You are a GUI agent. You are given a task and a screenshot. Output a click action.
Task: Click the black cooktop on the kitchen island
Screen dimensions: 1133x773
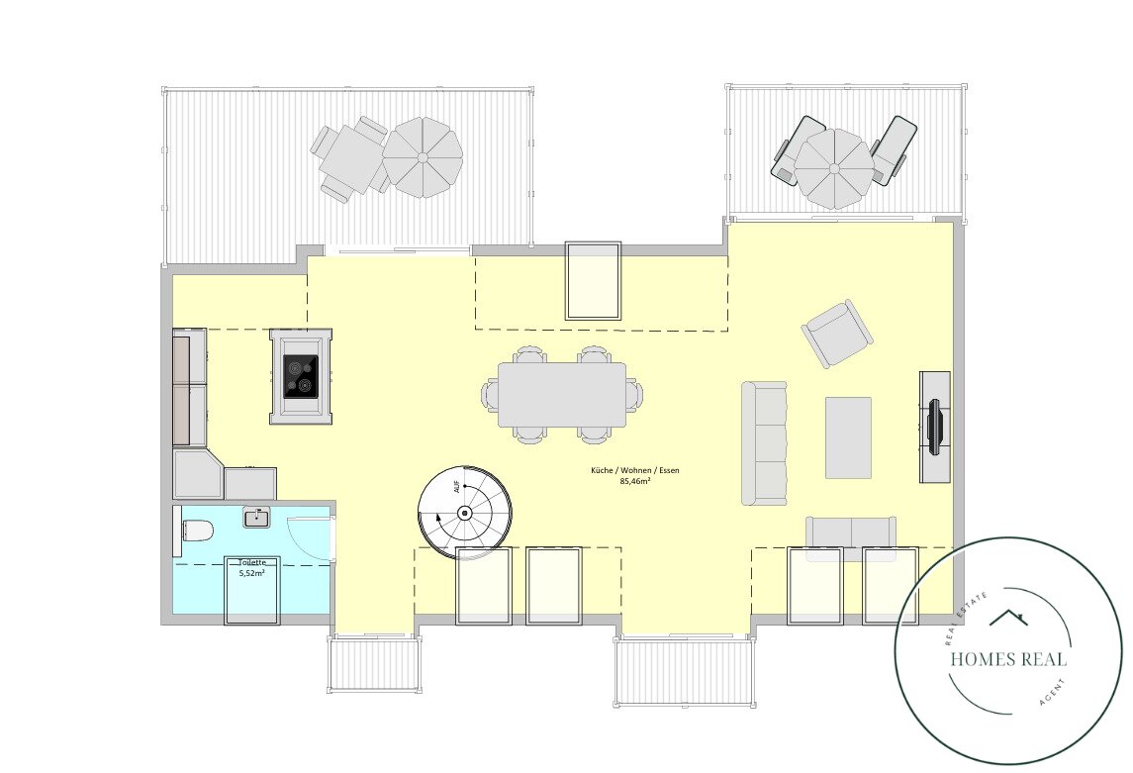[301, 376]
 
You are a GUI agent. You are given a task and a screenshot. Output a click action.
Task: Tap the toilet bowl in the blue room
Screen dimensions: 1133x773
[197, 531]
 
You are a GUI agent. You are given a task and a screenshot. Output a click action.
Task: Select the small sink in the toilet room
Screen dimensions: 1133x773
[256, 518]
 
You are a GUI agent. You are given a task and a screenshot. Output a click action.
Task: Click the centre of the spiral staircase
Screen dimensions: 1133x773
[465, 514]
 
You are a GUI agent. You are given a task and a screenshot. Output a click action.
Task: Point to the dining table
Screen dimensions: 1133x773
[562, 395]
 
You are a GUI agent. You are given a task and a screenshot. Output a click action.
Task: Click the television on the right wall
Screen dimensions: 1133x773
[935, 427]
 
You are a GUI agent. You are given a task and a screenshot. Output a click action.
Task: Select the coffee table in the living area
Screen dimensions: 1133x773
[848, 437]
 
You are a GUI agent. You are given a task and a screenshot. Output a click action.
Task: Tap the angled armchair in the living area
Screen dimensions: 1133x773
[837, 333]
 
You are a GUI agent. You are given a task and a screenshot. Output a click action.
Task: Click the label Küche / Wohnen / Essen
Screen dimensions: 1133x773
[635, 470]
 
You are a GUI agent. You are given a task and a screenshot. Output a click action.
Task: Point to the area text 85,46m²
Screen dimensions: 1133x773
[635, 480]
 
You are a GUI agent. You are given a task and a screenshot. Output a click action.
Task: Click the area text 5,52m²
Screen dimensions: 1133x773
[251, 573]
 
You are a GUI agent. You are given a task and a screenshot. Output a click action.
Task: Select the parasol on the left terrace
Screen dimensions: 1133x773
[422, 157]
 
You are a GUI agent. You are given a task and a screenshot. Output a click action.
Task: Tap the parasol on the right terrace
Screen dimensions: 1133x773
[834, 169]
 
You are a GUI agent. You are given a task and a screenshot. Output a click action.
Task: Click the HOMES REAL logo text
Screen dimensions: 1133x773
[1008, 659]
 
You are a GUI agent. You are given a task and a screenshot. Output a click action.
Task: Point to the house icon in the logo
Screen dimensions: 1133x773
[1008, 618]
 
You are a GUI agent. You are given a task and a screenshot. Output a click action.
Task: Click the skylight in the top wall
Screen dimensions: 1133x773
[593, 281]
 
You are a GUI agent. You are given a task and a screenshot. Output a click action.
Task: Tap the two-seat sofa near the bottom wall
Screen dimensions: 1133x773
[851, 535]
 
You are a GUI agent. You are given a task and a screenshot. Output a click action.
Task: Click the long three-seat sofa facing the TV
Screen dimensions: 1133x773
[765, 442]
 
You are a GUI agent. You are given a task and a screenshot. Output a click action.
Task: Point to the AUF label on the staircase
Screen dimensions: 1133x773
[457, 487]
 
